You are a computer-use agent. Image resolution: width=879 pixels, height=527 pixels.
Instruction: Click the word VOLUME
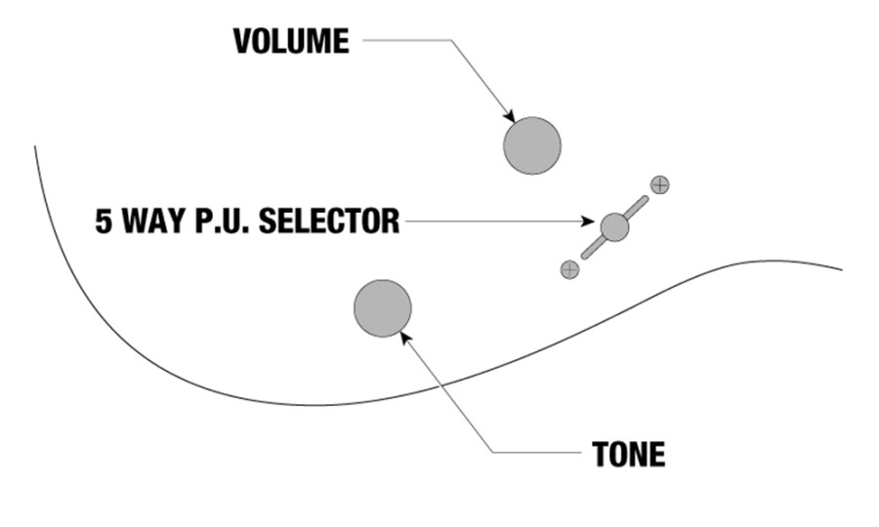pyautogui.click(x=291, y=41)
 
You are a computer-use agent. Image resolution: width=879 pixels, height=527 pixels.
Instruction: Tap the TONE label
pyautogui.click(x=628, y=454)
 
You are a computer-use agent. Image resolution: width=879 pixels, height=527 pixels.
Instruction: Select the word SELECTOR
pyautogui.click(x=329, y=221)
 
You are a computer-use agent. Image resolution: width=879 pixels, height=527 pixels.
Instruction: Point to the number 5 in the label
pyautogui.click(x=104, y=221)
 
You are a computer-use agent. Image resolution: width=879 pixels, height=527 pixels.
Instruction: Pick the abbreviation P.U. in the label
pyautogui.click(x=223, y=221)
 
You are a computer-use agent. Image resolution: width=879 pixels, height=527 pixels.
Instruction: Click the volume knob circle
pyautogui.click(x=532, y=145)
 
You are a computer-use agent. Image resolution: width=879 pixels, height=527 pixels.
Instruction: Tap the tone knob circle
pyautogui.click(x=383, y=308)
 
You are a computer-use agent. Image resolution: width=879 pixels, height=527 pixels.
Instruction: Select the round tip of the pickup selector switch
pyautogui.click(x=614, y=226)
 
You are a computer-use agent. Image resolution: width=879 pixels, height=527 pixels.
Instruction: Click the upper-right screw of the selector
pyautogui.click(x=660, y=184)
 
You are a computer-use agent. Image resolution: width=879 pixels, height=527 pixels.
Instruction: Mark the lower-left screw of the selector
pyautogui.click(x=569, y=269)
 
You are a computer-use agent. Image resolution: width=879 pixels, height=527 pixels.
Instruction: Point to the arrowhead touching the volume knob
pyautogui.click(x=509, y=116)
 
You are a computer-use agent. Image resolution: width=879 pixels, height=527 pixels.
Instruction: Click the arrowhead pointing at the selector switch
pyautogui.click(x=588, y=222)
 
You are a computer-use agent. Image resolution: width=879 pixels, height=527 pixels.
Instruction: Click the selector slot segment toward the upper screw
pyautogui.click(x=637, y=207)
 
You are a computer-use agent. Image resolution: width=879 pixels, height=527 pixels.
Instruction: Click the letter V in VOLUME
pyautogui.click(x=243, y=41)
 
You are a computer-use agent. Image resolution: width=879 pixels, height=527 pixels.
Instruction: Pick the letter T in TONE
pyautogui.click(x=601, y=454)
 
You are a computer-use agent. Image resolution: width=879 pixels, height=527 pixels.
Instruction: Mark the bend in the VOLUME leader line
pyautogui.click(x=451, y=40)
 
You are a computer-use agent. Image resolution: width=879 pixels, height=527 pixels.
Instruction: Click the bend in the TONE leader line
pyautogui.click(x=493, y=452)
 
